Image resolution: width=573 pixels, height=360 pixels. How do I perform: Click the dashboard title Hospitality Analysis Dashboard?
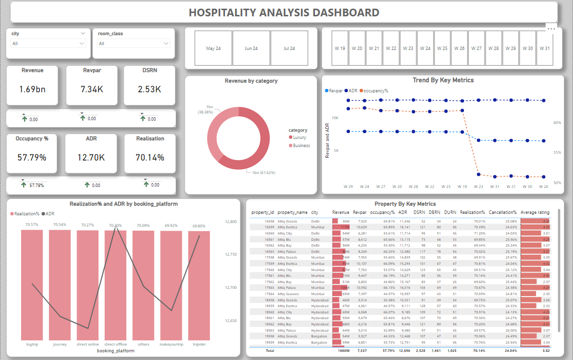(284, 12)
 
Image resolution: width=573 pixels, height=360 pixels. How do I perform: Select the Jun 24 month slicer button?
(251, 49)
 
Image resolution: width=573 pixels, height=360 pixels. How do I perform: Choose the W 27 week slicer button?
(476, 49)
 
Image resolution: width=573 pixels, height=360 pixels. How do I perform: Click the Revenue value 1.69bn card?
(32, 89)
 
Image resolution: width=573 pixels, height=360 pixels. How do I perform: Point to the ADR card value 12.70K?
(91, 157)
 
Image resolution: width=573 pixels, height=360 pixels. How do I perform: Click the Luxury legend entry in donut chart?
(299, 137)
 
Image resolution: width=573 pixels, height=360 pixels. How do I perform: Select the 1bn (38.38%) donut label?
(209, 109)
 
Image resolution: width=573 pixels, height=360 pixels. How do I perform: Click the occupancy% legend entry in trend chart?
(375, 90)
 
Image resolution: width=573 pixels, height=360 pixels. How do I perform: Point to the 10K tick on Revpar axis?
(335, 118)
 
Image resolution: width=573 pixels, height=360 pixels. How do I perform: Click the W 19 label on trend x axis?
(462, 186)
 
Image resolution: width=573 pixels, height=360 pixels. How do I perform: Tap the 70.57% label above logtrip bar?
(32, 224)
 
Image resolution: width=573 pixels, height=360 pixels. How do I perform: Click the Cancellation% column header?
(502, 212)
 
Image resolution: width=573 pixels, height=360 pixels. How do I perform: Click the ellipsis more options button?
(551, 29)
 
